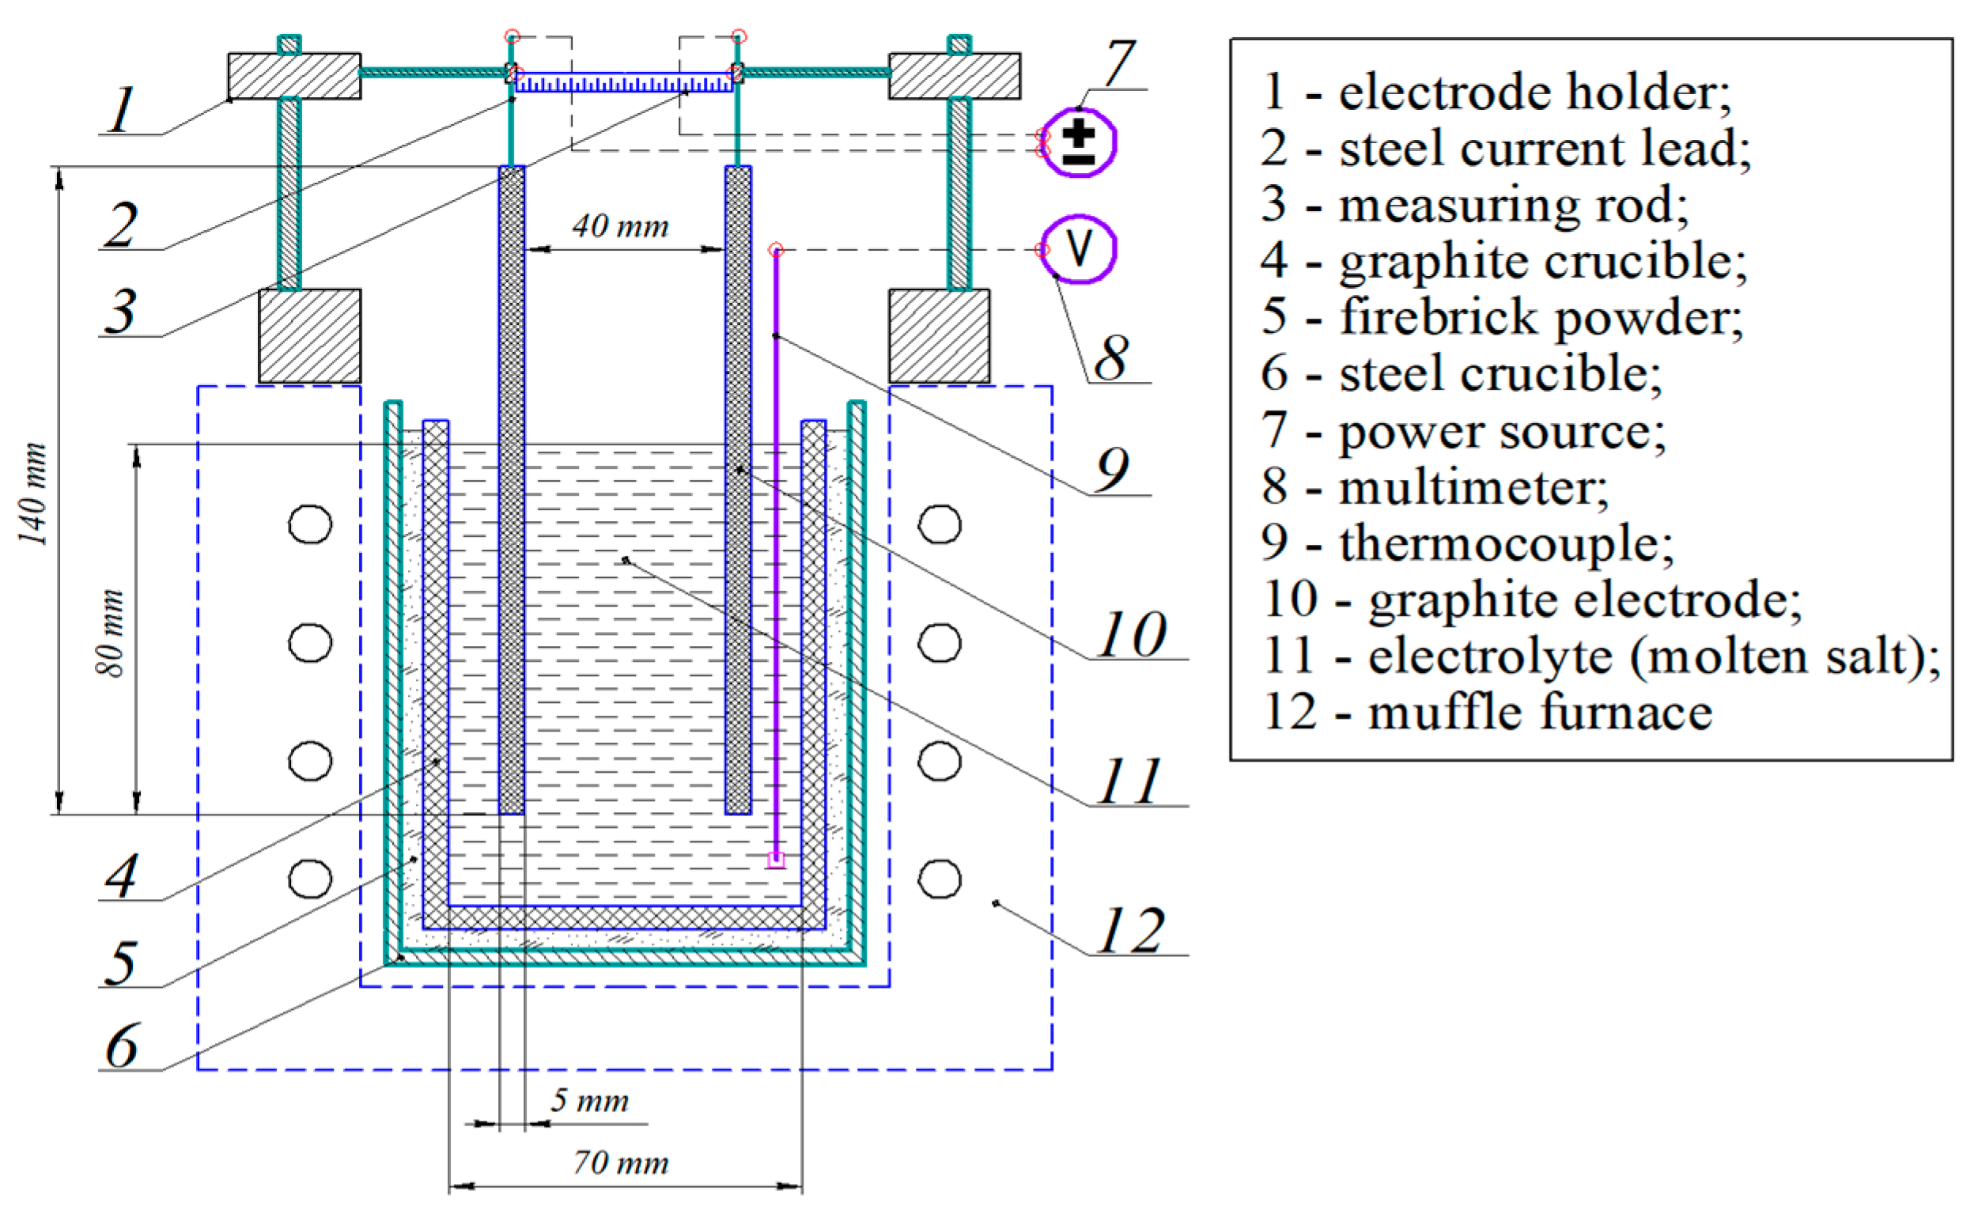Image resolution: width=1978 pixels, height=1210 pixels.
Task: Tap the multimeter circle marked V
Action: click(x=1080, y=249)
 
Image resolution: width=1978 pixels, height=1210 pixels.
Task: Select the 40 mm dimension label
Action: click(x=621, y=227)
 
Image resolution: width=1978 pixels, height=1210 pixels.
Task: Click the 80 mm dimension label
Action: click(x=111, y=633)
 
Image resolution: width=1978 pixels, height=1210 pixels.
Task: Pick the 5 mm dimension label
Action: click(x=588, y=1101)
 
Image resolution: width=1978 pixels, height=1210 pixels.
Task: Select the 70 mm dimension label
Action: click(x=621, y=1163)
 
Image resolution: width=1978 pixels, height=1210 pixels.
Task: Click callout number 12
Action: click(x=1130, y=931)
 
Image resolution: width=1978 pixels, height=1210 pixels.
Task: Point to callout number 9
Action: click(x=1113, y=469)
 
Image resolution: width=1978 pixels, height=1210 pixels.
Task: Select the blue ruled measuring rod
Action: click(x=624, y=83)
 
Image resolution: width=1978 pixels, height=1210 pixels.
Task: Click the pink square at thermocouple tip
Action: click(x=776, y=860)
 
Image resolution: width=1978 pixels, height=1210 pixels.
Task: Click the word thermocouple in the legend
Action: click(x=1505, y=543)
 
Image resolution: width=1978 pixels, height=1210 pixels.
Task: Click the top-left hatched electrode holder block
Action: click(x=293, y=76)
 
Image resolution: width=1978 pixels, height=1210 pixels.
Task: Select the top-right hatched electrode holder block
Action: click(x=954, y=76)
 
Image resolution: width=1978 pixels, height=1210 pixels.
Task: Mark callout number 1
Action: click(x=122, y=110)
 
